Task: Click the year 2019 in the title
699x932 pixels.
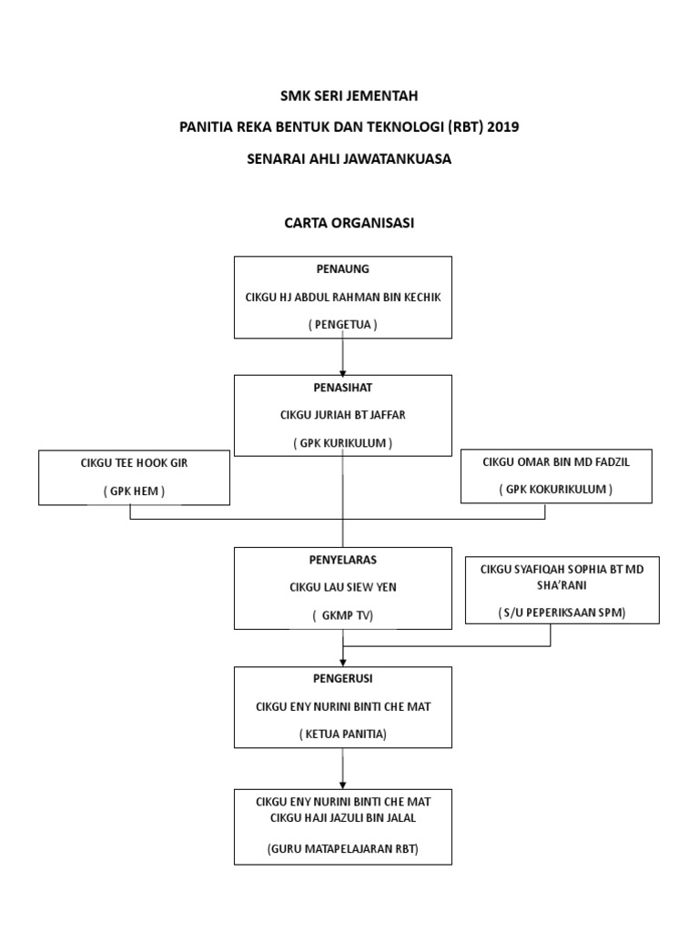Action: tap(502, 127)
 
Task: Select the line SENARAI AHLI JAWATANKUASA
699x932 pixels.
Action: tap(349, 158)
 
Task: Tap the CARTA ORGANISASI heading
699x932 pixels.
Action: tap(349, 223)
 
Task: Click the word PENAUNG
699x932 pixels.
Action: tap(342, 269)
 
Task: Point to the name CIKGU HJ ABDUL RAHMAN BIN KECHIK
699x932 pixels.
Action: tap(342, 298)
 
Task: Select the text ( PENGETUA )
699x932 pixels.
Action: tap(342, 324)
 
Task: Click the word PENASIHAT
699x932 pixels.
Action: tap(342, 388)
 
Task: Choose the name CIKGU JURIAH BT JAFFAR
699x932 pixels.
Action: tap(342, 415)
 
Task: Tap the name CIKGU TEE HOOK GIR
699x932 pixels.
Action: tap(134, 463)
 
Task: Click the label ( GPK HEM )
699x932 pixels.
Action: tap(134, 491)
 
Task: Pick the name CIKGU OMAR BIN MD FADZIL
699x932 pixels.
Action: tap(556, 462)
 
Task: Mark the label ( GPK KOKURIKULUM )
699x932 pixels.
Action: tap(556, 490)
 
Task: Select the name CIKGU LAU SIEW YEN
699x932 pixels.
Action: tap(342, 588)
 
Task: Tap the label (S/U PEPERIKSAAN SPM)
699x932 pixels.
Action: tap(562, 612)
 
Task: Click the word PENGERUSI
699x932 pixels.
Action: tap(342, 679)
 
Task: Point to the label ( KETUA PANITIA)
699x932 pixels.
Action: tap(342, 734)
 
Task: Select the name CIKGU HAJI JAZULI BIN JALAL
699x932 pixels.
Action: tap(342, 817)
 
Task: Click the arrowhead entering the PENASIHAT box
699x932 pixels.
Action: tap(343, 370)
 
